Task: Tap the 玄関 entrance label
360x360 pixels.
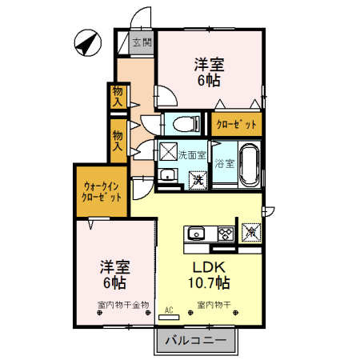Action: tap(141, 42)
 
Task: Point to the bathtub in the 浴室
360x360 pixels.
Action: tap(249, 163)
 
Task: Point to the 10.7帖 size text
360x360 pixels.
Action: tap(210, 283)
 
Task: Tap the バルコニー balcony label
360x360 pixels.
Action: tap(196, 342)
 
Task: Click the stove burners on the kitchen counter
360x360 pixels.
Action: tap(225, 234)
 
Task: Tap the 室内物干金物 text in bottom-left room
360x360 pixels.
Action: tap(122, 305)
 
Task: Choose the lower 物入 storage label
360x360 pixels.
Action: tap(118, 141)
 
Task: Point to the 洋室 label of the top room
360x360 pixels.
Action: tap(209, 65)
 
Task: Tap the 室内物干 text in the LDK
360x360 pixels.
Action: tap(213, 305)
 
